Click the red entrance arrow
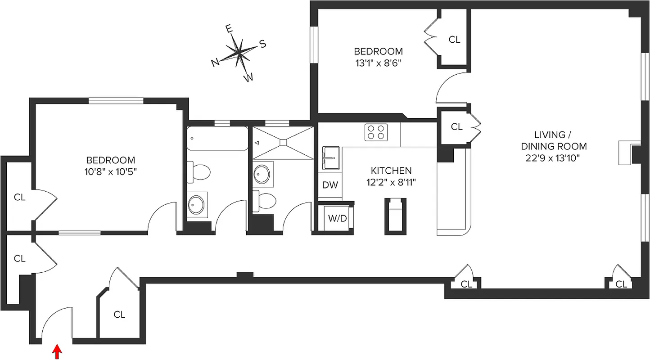click(x=57, y=352)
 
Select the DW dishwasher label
click(x=330, y=185)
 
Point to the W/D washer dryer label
click(x=337, y=219)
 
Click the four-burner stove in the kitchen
click(x=376, y=132)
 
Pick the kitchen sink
click(x=330, y=158)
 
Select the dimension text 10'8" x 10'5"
click(x=110, y=171)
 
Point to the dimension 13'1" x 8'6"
click(x=378, y=63)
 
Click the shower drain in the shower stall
click(x=283, y=143)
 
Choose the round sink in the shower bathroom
click(x=261, y=174)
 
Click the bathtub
click(x=217, y=138)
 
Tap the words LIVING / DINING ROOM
click(x=554, y=140)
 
